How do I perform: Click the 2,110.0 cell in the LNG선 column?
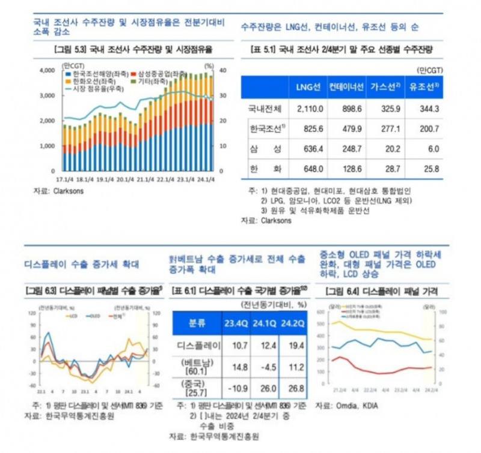click(310, 109)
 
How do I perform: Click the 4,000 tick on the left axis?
click(47, 71)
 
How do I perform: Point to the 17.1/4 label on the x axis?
click(64, 178)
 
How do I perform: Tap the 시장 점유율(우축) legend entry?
click(96, 89)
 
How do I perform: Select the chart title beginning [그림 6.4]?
click(381, 292)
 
